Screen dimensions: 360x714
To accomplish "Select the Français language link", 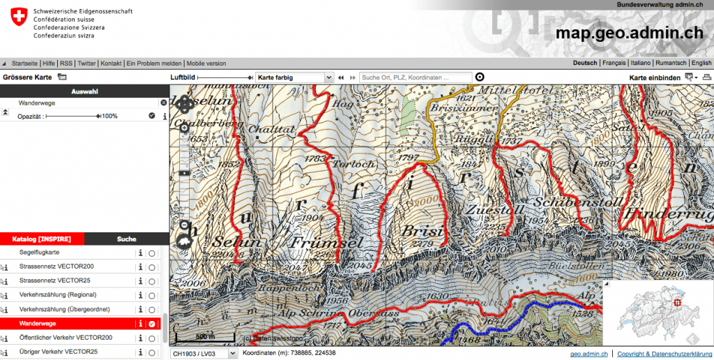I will [x=614, y=63].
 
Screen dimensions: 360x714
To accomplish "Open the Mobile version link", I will [x=206, y=63].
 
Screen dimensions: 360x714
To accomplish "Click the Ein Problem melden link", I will [x=154, y=63].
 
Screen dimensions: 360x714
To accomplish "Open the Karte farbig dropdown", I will [x=294, y=77].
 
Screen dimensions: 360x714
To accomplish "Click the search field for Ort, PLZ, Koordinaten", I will [x=415, y=77].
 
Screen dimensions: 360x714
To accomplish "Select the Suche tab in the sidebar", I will [x=126, y=239].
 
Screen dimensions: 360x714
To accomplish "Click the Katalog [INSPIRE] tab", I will [x=42, y=239].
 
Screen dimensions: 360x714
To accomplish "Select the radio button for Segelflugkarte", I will [x=152, y=253].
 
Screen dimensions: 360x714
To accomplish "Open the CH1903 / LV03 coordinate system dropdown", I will [x=203, y=353].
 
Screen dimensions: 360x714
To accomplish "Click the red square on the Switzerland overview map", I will [x=677, y=303].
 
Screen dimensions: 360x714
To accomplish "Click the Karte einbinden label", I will [x=655, y=77].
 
